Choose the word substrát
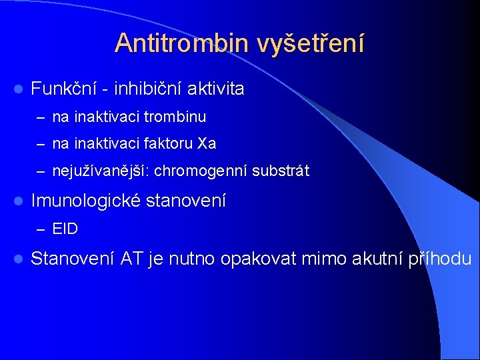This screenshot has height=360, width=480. click(x=281, y=171)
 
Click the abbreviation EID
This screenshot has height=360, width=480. click(x=65, y=229)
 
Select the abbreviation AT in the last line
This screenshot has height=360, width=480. click(x=131, y=259)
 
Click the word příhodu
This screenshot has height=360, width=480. click(x=441, y=259)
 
